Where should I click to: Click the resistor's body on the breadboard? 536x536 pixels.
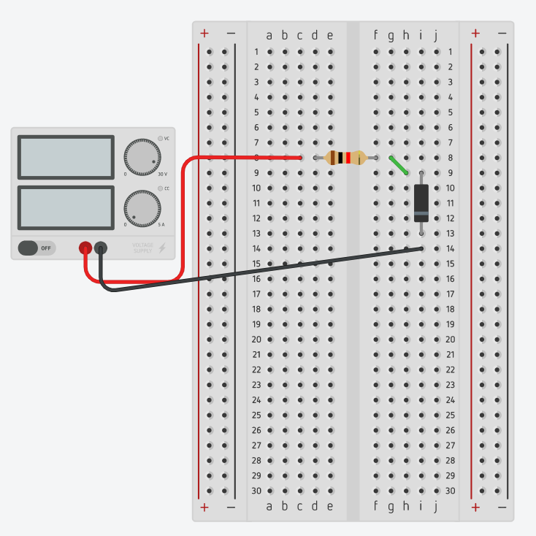[x=345, y=158]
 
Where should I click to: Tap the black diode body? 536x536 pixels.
[x=421, y=202]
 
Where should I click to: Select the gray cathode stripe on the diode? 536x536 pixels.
[x=421, y=213]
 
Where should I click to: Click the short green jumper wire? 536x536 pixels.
[x=399, y=166]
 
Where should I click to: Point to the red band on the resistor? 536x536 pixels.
[x=349, y=158]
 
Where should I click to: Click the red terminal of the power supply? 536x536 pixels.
[x=85, y=248]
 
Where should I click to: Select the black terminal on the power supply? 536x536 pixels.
[x=101, y=248]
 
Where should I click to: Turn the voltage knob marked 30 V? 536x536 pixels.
[x=142, y=156]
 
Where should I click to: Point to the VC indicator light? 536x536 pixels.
[x=160, y=138]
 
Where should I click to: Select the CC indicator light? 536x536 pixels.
[x=160, y=188]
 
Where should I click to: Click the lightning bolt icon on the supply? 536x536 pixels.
[x=162, y=248]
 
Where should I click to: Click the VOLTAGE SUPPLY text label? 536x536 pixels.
[x=142, y=248]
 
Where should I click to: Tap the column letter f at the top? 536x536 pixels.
[x=376, y=35]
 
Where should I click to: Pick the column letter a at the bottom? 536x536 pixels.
[x=269, y=506]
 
